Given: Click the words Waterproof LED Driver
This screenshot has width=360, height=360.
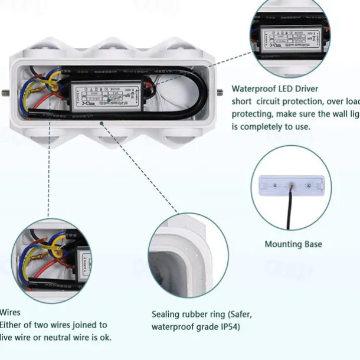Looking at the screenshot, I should click(274, 89).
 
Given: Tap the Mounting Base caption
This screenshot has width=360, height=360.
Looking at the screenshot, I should click(293, 244).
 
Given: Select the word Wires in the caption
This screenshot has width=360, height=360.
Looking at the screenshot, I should click(10, 312).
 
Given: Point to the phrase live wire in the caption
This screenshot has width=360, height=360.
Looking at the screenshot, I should click(17, 337).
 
